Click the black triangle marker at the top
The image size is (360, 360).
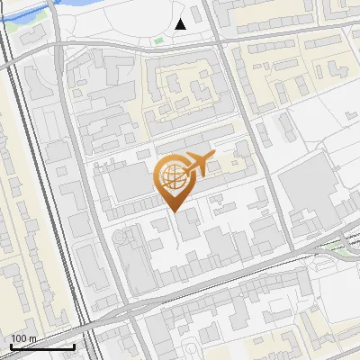[x=181, y=24]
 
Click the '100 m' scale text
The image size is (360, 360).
[x=23, y=338]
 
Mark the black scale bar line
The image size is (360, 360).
[x=41, y=346]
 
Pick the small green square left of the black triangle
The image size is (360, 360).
[x=159, y=40]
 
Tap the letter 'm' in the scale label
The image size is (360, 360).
[x=31, y=338]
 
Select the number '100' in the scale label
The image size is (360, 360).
[x=19, y=338]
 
